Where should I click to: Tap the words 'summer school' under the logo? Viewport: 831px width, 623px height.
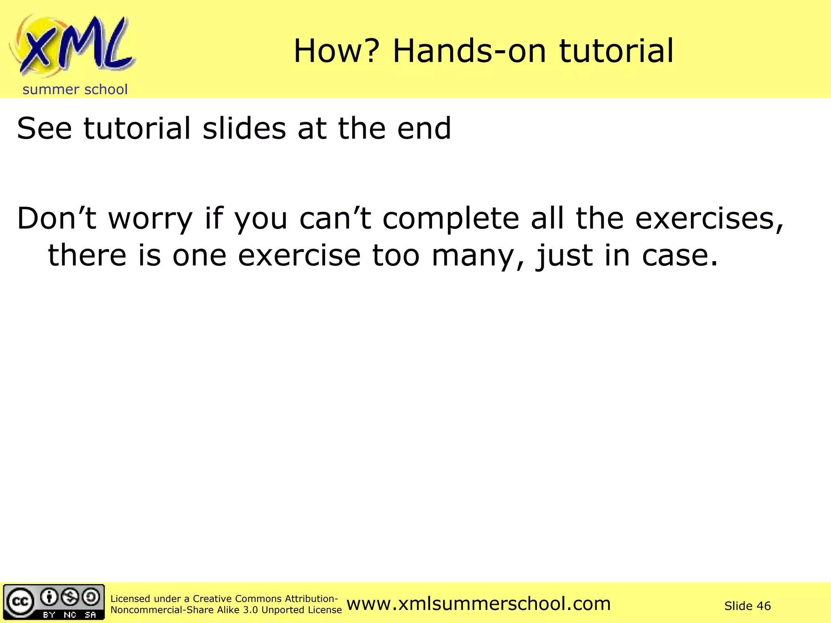(x=75, y=90)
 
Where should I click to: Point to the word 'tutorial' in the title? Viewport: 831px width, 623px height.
(x=616, y=51)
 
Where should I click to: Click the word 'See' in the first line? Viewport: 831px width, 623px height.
(x=44, y=129)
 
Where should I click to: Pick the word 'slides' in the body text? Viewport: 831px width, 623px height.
(x=244, y=129)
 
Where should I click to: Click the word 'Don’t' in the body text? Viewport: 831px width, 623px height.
(x=56, y=219)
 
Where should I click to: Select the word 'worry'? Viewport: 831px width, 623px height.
(x=150, y=219)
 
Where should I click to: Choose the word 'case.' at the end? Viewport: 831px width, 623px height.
(x=680, y=256)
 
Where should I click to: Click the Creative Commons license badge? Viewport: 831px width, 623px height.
(x=54, y=602)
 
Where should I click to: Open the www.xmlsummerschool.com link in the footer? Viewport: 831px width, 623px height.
(x=478, y=604)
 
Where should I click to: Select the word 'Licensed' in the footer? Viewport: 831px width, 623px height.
(x=130, y=599)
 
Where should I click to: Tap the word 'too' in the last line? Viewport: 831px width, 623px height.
(x=396, y=256)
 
